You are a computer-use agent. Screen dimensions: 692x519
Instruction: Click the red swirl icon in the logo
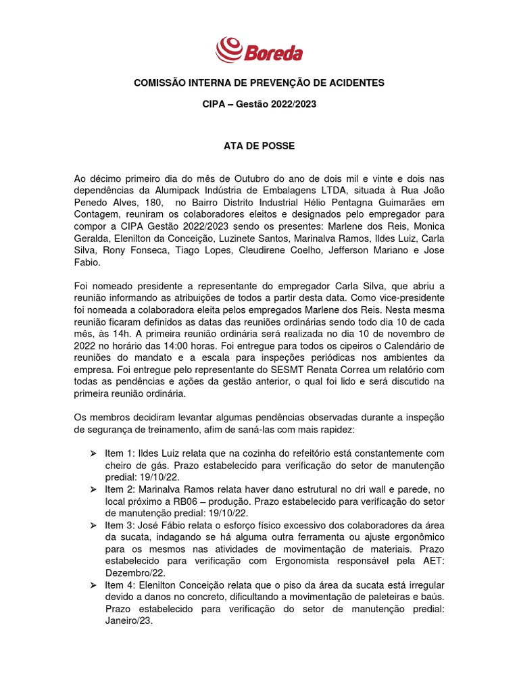click(228, 49)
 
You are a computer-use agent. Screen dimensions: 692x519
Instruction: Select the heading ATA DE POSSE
click(259, 145)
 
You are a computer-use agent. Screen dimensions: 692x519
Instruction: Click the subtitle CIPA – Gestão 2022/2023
click(259, 105)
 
